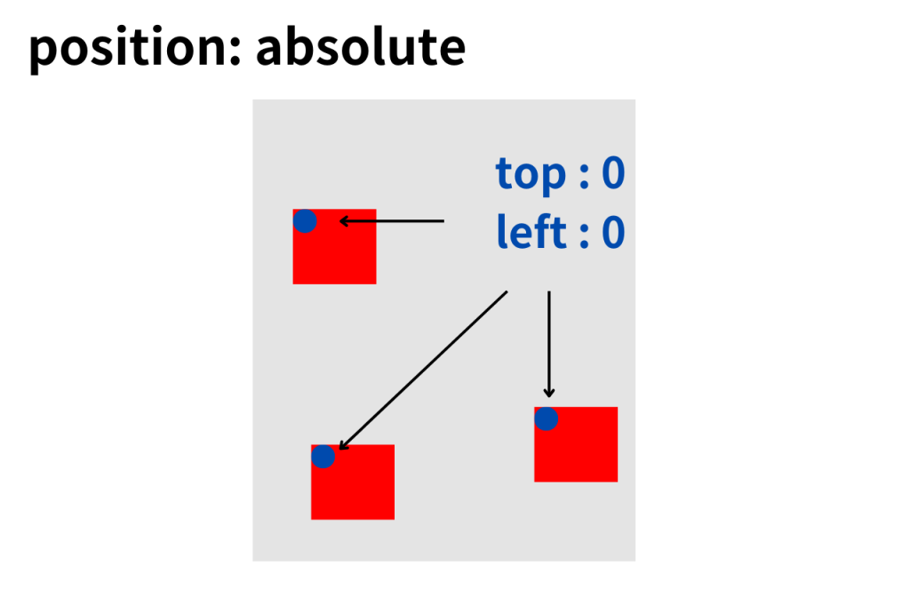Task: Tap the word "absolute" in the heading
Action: point(361,45)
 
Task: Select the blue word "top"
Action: point(531,173)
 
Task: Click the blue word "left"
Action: point(531,232)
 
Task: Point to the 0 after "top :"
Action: point(613,173)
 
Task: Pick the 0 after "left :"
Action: point(613,232)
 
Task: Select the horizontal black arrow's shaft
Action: point(392,221)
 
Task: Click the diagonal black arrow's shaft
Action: point(423,371)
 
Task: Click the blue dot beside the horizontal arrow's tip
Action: point(305,221)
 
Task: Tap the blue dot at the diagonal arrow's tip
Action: point(323,456)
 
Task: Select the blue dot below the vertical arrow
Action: point(547,419)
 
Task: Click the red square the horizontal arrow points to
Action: point(335,247)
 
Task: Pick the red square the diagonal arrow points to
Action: point(353,482)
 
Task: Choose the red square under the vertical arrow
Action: point(576,444)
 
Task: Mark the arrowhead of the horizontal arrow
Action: point(344,221)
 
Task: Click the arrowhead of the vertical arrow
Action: point(549,393)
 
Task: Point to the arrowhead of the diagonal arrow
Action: point(342,446)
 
